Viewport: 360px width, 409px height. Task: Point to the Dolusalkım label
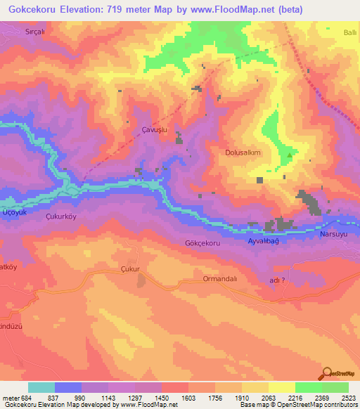tap(243, 152)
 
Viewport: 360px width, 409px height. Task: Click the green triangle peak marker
tap(289, 155)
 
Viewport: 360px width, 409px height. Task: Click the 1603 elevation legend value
tap(188, 397)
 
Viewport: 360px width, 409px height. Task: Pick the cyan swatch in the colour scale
tap(41, 387)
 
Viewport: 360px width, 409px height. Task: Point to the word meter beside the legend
tap(10, 397)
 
